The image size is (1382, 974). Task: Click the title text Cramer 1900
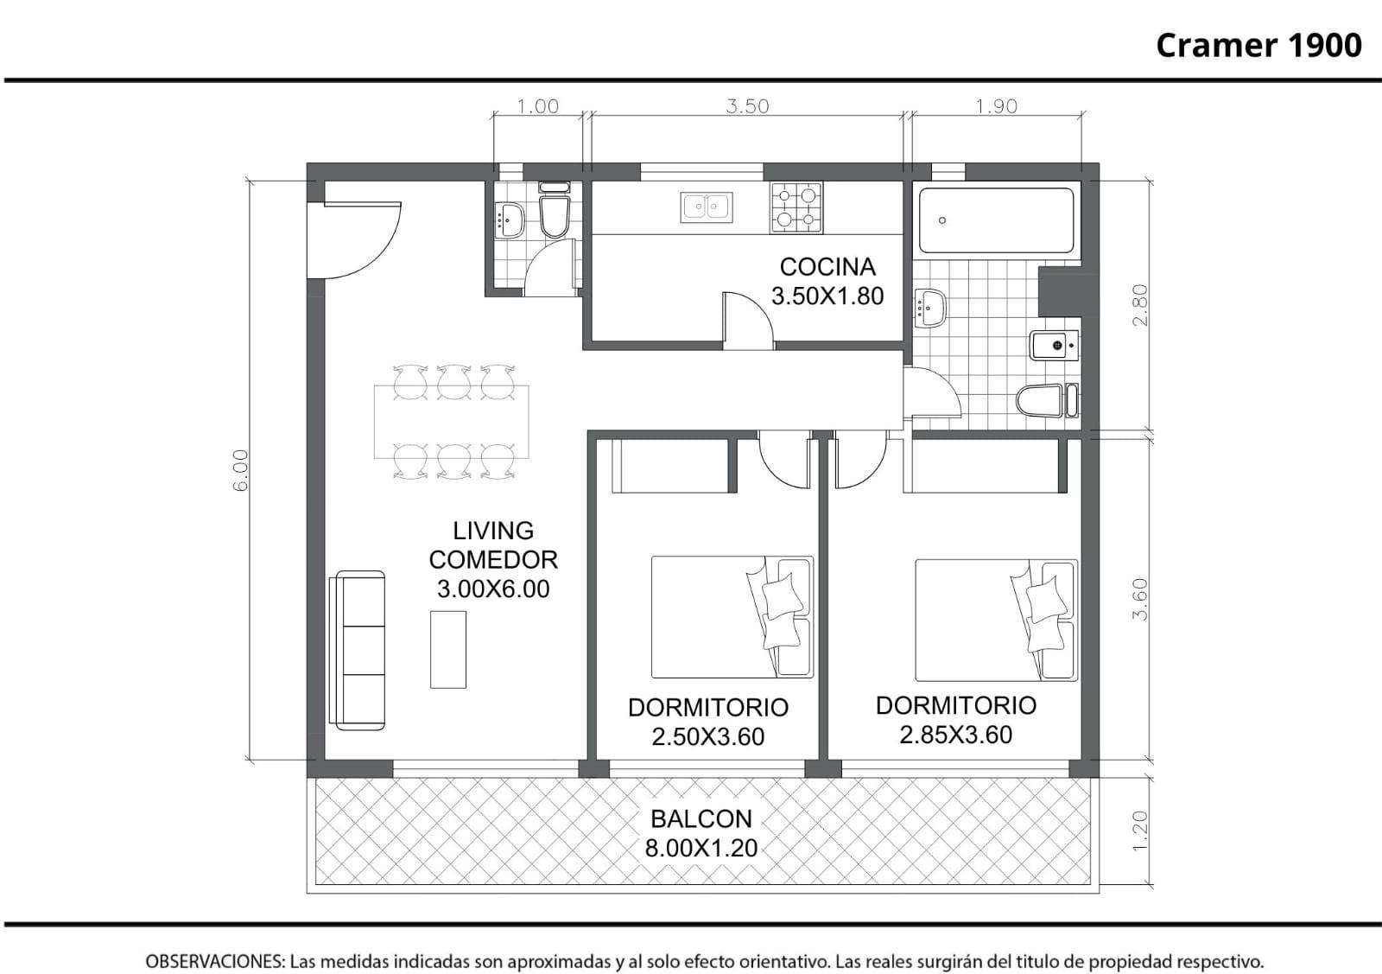1258,46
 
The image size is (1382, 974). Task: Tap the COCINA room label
827,267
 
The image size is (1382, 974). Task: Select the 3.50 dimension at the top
747,106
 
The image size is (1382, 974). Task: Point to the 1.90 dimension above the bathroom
996,106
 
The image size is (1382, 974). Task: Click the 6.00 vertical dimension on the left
241,470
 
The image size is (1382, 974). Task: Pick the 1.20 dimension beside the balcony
1140,831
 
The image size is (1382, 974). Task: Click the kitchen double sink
707,207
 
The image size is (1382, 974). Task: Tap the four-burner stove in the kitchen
796,207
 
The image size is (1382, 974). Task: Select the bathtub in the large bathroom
996,220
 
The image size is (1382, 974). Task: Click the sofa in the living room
358,651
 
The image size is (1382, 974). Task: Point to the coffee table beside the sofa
448,649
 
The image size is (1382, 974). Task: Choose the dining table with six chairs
451,423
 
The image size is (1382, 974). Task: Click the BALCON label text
701,819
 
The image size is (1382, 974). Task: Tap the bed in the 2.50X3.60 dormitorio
732,616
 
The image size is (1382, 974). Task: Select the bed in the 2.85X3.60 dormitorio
997,620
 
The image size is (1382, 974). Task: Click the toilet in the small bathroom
554,211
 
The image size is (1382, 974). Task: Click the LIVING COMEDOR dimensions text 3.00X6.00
493,589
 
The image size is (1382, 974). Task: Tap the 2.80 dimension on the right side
1140,305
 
